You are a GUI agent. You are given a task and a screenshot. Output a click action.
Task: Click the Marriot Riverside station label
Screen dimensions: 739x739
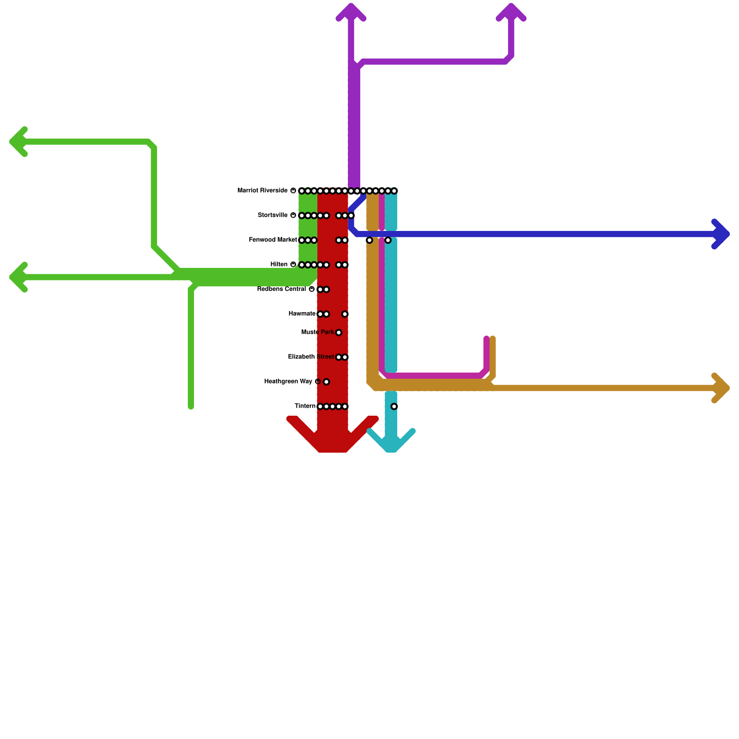pyautogui.click(x=262, y=191)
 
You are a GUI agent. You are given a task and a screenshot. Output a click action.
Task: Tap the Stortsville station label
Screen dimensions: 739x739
pyautogui.click(x=273, y=215)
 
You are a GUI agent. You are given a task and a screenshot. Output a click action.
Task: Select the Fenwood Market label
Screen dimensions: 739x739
pyautogui.click(x=273, y=240)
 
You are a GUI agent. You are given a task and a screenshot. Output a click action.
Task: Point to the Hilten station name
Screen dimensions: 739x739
pyautogui.click(x=279, y=265)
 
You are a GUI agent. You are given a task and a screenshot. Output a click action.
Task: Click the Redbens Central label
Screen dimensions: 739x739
pyautogui.click(x=281, y=290)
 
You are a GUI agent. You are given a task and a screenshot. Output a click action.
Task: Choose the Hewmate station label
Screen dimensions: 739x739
pyautogui.click(x=302, y=314)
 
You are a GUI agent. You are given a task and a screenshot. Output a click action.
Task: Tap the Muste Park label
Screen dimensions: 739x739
pyautogui.click(x=317, y=333)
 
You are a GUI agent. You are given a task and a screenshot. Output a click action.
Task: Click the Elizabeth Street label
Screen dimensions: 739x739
pyautogui.click(x=310, y=357)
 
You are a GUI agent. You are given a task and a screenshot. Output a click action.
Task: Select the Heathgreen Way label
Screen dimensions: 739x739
pyautogui.click(x=288, y=382)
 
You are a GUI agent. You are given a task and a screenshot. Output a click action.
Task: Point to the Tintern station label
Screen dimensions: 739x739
pyautogui.click(x=305, y=406)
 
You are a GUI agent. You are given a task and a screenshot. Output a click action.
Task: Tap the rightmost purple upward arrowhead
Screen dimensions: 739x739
pyautogui.click(x=511, y=12)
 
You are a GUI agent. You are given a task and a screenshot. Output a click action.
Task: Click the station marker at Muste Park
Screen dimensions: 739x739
pyautogui.click(x=339, y=333)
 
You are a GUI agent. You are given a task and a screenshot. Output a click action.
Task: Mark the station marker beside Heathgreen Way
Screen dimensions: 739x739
pyautogui.click(x=327, y=382)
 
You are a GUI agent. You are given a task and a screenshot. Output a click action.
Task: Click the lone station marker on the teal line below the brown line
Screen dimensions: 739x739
pyautogui.click(x=394, y=406)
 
